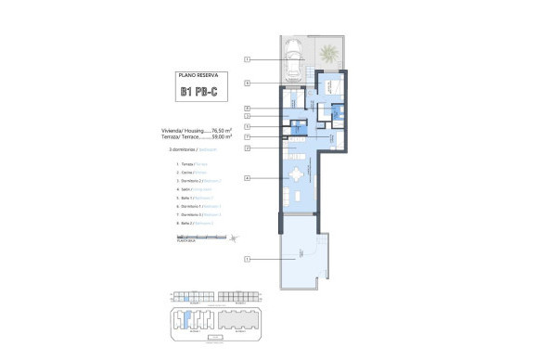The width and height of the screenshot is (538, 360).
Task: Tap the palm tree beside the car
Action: [x=328, y=57]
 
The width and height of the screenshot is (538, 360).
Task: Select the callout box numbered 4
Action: [x=248, y=177]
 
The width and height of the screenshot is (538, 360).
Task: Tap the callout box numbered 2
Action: [x=248, y=148]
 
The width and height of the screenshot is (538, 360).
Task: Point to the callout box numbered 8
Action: [x=248, y=109]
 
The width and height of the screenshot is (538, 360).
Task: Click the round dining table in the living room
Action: [x=295, y=174]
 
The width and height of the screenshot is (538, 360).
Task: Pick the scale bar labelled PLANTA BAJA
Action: [x=198, y=238]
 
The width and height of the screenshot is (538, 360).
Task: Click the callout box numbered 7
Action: [x=248, y=136]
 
